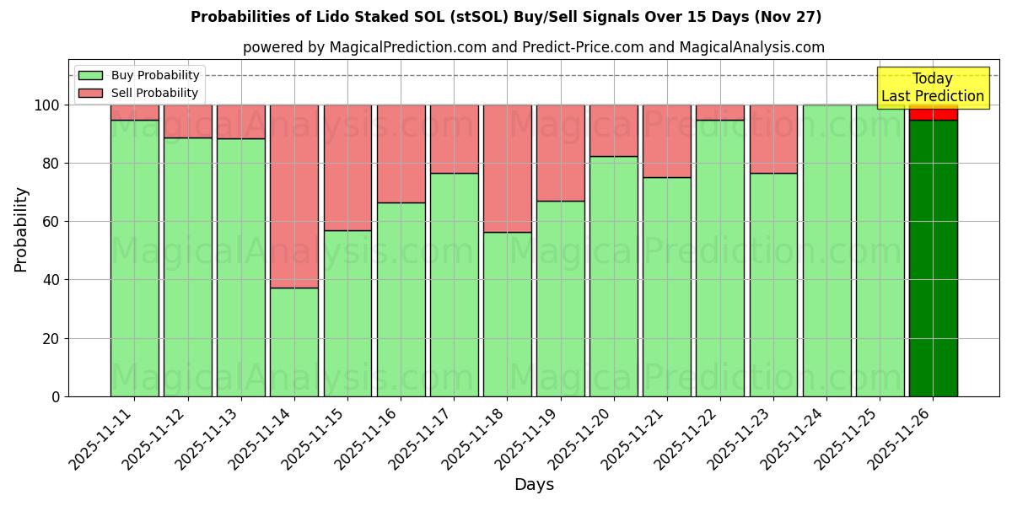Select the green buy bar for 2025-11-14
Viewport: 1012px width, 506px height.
pyautogui.click(x=294, y=342)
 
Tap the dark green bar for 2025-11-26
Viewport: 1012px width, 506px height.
pyautogui.click(x=933, y=257)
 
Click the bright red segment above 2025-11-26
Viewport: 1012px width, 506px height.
pyautogui.click(x=933, y=112)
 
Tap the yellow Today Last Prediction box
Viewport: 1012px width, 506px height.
pyautogui.click(x=932, y=88)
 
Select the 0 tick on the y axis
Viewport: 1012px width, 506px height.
pyautogui.click(x=56, y=396)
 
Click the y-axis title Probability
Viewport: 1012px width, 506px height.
pyautogui.click(x=21, y=229)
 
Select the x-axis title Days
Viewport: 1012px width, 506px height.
pyautogui.click(x=534, y=485)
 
